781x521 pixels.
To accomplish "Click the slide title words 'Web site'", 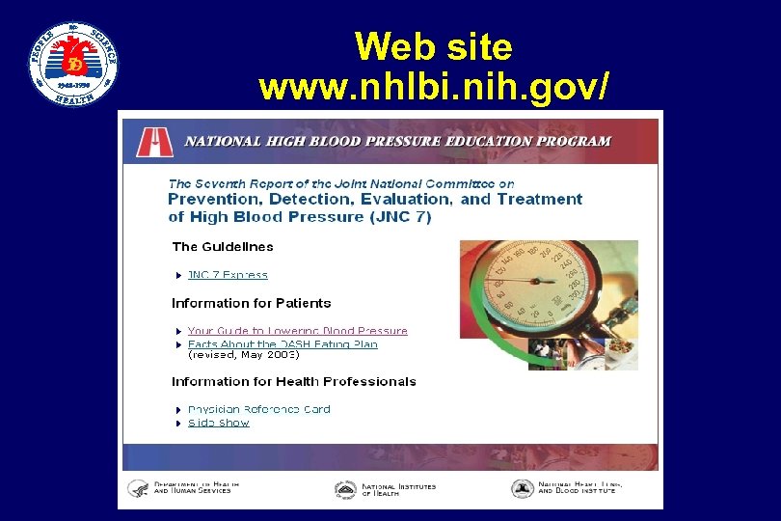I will (x=433, y=46).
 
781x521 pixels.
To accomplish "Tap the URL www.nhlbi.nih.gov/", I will (x=433, y=88).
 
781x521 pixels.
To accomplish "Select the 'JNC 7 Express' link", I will (x=228, y=275).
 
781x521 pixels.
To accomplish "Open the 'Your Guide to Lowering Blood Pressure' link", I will (x=297, y=331).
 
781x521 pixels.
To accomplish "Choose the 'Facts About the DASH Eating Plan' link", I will (x=283, y=343).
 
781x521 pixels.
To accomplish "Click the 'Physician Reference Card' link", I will (x=258, y=409).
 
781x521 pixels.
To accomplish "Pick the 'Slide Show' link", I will (x=218, y=423).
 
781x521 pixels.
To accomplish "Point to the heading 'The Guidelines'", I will (x=223, y=247).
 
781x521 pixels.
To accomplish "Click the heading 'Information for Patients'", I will (x=251, y=303).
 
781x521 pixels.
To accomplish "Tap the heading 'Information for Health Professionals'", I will (x=294, y=381).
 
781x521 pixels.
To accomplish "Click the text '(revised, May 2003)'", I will (x=244, y=354).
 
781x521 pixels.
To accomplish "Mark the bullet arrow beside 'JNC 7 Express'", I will (x=178, y=276).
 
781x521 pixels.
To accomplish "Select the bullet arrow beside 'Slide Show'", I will (x=178, y=424).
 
